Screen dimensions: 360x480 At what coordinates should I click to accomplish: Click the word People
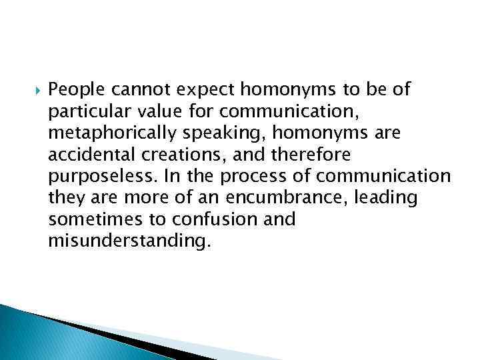[x=73, y=89]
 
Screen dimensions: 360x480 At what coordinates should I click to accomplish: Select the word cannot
[x=134, y=89]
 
